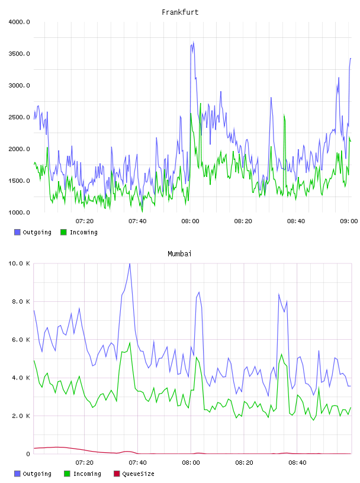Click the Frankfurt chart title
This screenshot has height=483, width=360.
tap(180, 12)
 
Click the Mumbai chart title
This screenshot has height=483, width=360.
tap(179, 254)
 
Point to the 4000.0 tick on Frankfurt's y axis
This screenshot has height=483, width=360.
tap(19, 22)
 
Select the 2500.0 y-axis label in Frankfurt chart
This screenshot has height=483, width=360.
tap(19, 117)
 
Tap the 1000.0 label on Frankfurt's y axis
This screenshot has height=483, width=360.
tap(19, 212)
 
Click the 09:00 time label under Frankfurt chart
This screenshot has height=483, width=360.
tap(349, 221)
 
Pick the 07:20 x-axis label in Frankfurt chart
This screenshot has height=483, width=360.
tap(85, 221)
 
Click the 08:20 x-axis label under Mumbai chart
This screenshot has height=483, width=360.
tap(244, 463)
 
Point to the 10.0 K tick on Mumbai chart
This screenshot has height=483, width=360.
tap(19, 263)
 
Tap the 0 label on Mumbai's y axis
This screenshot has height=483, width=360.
tap(28, 454)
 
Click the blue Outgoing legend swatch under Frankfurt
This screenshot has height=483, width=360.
tap(17, 232)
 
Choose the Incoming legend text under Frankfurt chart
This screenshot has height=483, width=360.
tap(83, 233)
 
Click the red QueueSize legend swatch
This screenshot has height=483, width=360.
tap(117, 474)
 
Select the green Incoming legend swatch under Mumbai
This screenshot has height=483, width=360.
tap(67, 474)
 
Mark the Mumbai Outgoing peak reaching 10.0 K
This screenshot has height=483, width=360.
tap(130, 264)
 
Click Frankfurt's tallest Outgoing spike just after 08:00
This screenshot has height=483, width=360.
tap(193, 42)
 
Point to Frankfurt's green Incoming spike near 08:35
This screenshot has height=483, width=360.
tap(284, 115)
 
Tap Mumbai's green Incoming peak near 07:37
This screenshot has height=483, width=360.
tap(130, 343)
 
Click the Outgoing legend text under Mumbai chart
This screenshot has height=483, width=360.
tap(37, 474)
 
